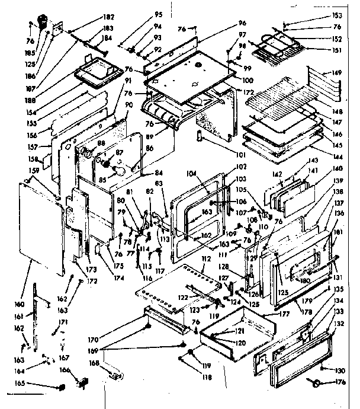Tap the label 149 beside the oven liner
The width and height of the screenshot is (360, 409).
[x=337, y=73]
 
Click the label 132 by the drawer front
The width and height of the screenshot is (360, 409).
[x=339, y=324]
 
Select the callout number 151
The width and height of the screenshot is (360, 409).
[x=337, y=50]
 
